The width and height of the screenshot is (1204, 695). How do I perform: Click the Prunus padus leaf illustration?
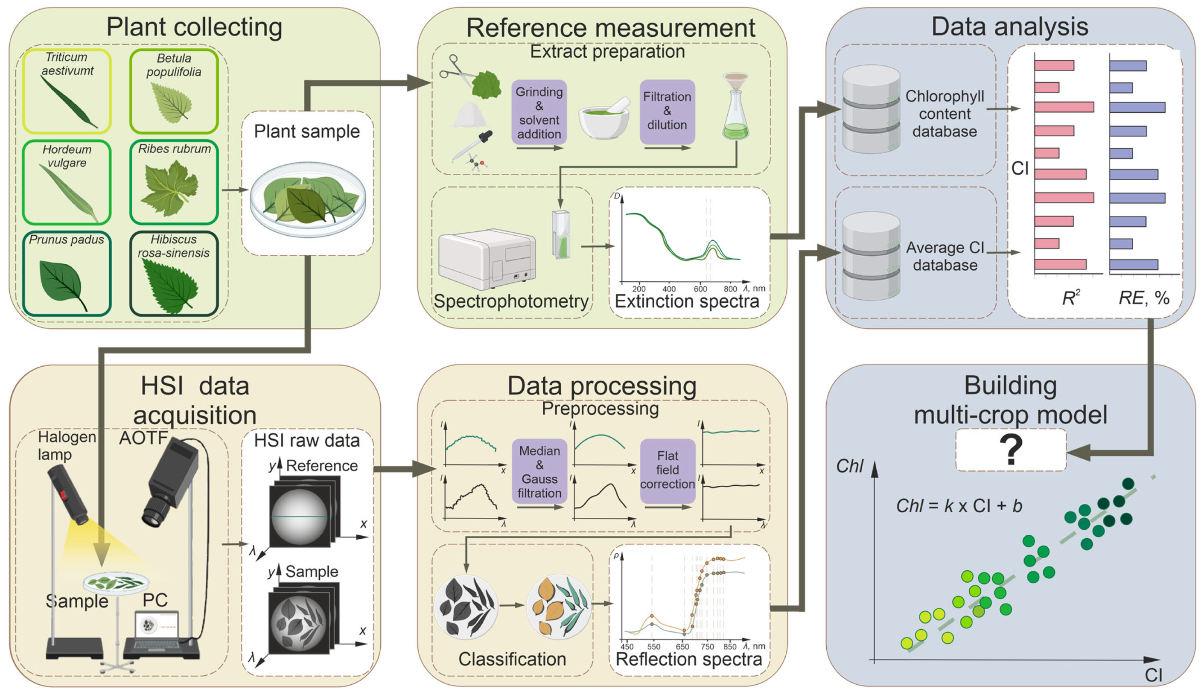[62, 283]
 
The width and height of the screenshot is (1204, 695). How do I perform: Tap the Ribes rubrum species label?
[174, 149]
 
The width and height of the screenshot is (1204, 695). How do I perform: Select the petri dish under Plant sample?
[308, 199]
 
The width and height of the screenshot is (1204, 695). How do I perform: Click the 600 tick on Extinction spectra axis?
[700, 288]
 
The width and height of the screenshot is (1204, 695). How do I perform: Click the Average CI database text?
[945, 256]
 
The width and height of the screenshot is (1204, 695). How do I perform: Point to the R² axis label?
[1070, 298]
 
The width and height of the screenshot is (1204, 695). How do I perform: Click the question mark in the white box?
[1010, 450]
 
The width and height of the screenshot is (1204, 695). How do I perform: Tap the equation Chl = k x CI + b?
[959, 506]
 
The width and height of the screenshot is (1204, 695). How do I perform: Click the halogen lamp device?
[67, 494]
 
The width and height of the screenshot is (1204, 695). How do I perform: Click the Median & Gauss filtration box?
[539, 471]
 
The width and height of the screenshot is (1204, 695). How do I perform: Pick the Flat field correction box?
[667, 470]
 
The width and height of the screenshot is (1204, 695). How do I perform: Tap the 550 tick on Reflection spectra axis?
[653, 646]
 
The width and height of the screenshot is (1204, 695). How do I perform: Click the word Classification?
[512, 659]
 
